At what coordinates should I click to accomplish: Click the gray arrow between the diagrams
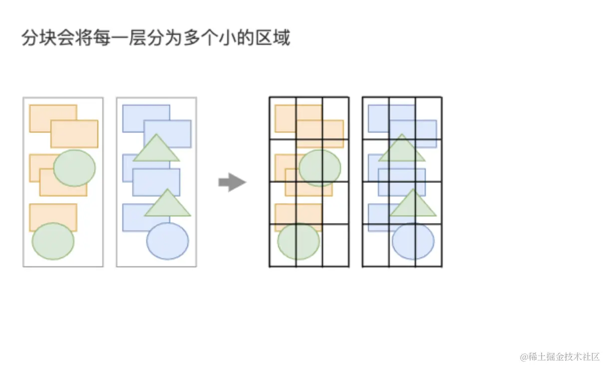[232, 182]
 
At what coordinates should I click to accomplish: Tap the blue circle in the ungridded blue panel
[168, 241]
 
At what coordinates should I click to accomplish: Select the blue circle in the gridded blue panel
[413, 241]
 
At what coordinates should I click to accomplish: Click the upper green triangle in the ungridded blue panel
[156, 149]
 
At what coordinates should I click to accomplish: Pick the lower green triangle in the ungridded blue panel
[168, 204]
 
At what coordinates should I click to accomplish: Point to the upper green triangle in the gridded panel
[402, 149]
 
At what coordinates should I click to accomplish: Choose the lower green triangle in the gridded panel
[413, 204]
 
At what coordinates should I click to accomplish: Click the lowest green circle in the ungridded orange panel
[53, 241]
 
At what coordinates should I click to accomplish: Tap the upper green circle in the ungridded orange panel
[74, 168]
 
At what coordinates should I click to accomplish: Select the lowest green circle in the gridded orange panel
[299, 241]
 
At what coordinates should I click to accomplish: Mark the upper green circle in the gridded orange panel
[320, 168]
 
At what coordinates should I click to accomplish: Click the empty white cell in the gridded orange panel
[335, 245]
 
